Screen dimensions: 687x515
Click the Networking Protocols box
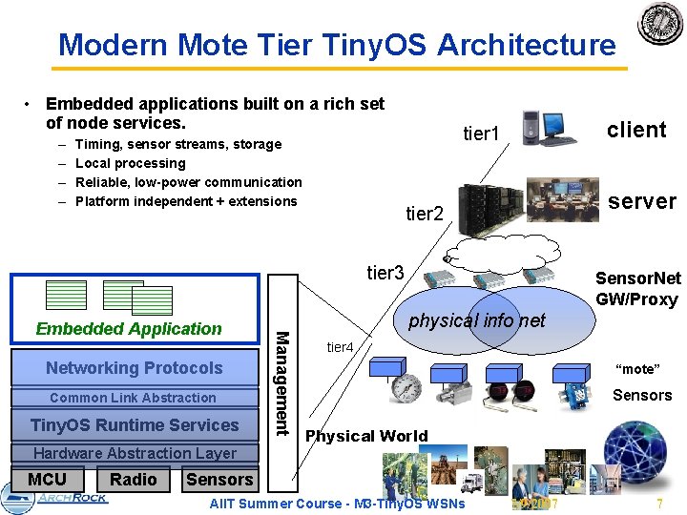pyautogui.click(x=134, y=368)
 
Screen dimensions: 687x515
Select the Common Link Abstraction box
pyautogui.click(x=133, y=398)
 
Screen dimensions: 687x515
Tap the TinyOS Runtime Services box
pyautogui.click(x=135, y=425)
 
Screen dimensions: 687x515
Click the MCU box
pyautogui.click(x=48, y=480)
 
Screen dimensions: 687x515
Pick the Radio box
pyautogui.click(x=134, y=480)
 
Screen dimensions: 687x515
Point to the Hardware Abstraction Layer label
pyautogui.click(x=135, y=453)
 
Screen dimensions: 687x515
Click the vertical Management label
pyautogui.click(x=281, y=381)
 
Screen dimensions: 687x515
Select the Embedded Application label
pyautogui.click(x=129, y=329)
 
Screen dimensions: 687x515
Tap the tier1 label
pyautogui.click(x=482, y=135)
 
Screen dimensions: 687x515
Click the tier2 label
pyautogui.click(x=425, y=215)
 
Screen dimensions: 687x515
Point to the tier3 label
pyautogui.click(x=386, y=274)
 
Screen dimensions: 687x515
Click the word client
pyautogui.click(x=636, y=131)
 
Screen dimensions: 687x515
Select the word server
pyautogui.click(x=642, y=201)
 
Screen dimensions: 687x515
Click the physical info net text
pyautogui.click(x=477, y=320)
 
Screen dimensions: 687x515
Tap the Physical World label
pyautogui.click(x=365, y=436)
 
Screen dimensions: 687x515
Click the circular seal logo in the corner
pyautogui.click(x=660, y=23)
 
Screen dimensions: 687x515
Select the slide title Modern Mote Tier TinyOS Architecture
pyautogui.click(x=337, y=44)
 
